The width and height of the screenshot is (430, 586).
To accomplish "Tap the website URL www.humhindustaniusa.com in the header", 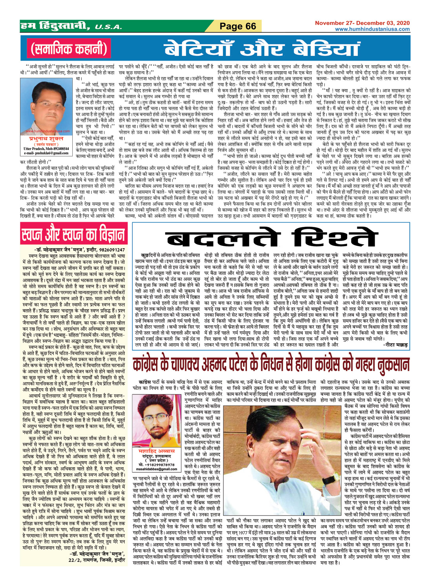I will pos(371,29).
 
